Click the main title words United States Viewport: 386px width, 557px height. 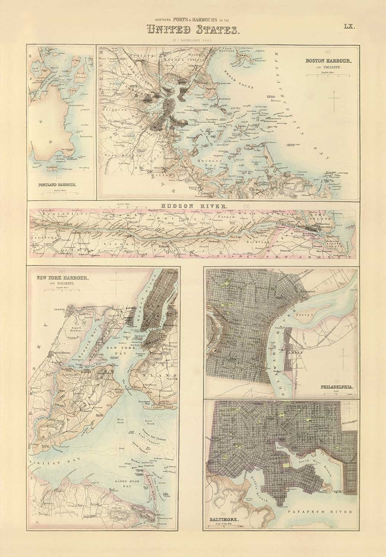tap(193, 29)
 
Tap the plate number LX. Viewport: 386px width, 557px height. tap(350, 26)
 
